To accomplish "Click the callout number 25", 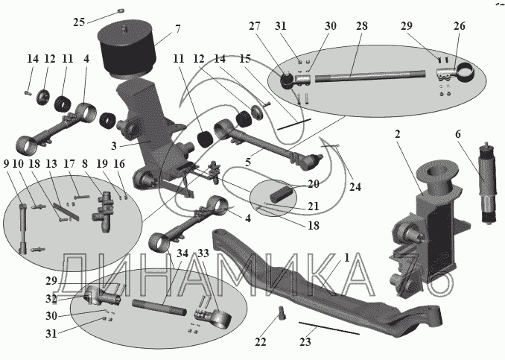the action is click(x=79, y=22).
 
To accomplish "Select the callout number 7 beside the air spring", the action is click(x=178, y=29).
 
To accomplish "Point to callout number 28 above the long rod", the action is click(x=362, y=26).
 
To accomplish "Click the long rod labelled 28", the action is click(x=370, y=76).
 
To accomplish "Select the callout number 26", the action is click(x=460, y=26).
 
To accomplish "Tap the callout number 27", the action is click(x=255, y=26).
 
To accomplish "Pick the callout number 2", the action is click(x=398, y=134).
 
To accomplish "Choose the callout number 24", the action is click(x=355, y=187).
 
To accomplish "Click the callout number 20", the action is click(x=313, y=184).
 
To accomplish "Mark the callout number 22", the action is click(x=260, y=341).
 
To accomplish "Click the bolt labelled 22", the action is click(x=282, y=312).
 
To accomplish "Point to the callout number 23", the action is click(x=305, y=341).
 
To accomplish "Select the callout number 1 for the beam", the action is click(x=346, y=258).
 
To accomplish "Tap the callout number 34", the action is click(x=182, y=253).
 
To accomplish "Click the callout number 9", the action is click(x=6, y=164).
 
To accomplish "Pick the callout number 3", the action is click(x=114, y=146).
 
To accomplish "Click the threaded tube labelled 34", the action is click(x=159, y=308).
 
